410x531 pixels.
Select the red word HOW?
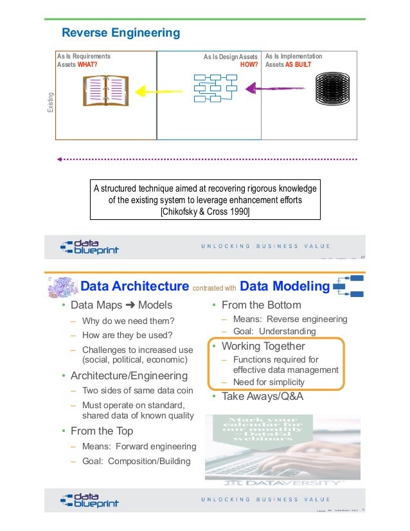coord(249,65)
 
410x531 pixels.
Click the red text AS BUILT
coord(303,65)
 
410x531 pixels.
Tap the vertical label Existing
coord(51,104)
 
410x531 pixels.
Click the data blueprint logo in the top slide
coord(89,246)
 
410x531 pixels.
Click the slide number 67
coord(362,258)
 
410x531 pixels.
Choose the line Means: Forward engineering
coord(139,447)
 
